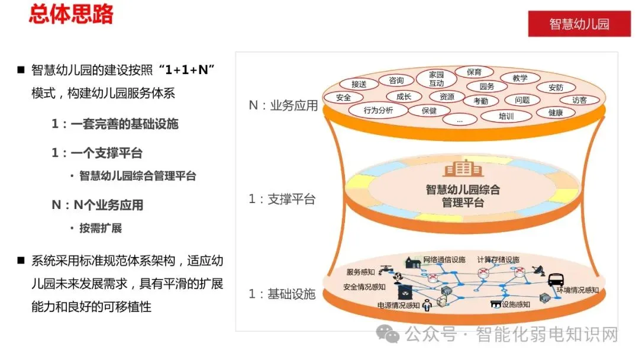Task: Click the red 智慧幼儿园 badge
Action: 579,24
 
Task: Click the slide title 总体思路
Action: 71,14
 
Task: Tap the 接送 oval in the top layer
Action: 359,84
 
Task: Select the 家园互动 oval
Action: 436,79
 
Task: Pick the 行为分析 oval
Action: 378,110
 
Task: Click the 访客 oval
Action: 579,100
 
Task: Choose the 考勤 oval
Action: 480,101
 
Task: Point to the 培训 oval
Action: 506,116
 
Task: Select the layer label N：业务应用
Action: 283,106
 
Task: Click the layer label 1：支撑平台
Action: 282,200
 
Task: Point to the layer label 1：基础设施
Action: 282,294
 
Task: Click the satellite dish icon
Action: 538,270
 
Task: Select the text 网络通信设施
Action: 444,260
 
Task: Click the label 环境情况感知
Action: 577,290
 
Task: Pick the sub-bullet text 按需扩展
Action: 101,228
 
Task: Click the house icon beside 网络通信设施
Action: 412,261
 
